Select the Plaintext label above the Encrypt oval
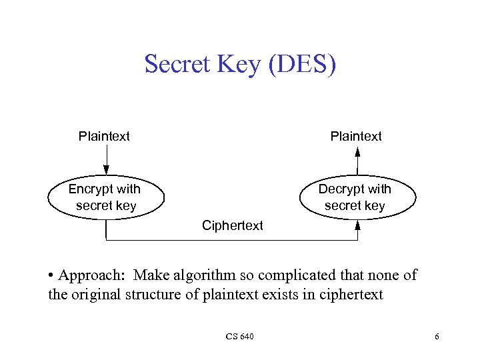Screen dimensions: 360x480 [104, 137]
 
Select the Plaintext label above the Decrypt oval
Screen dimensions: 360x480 [356, 137]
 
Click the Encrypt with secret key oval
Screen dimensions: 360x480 [105, 197]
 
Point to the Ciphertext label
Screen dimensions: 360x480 [233, 225]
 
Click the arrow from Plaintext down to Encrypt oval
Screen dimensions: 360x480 [106, 160]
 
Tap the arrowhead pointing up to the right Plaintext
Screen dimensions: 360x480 [357, 152]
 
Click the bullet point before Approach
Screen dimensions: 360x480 [51, 276]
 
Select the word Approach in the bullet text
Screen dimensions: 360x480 [89, 276]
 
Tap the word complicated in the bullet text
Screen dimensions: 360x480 [295, 275]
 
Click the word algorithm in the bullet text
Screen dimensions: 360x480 [197, 276]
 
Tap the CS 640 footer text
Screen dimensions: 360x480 [239, 336]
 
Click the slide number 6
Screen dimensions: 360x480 [437, 336]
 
